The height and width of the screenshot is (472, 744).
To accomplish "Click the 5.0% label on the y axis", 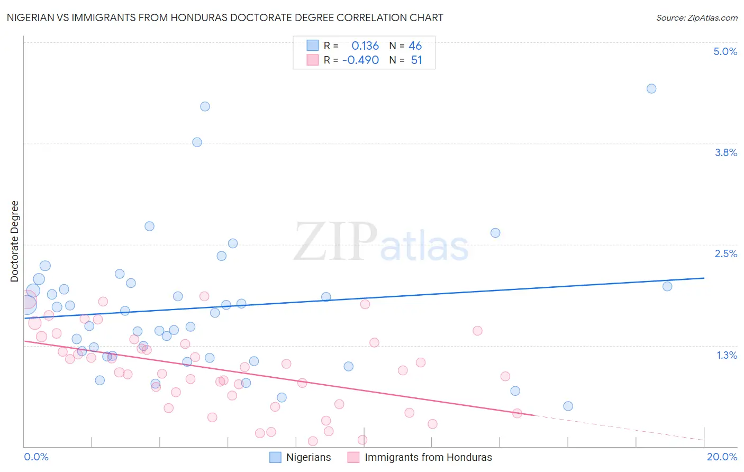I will click(x=725, y=51).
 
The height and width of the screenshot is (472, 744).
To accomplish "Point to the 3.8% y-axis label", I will click(x=725, y=152).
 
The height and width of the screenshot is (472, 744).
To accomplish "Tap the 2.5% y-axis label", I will click(x=725, y=253).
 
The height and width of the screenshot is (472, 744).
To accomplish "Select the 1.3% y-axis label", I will click(x=727, y=355).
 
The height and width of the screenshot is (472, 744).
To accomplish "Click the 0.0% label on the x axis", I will click(x=36, y=457).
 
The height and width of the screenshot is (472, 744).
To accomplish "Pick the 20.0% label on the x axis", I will click(x=722, y=457).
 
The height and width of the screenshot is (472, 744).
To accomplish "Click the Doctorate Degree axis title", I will click(x=15, y=241).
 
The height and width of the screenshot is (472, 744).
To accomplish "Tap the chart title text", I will click(x=225, y=17).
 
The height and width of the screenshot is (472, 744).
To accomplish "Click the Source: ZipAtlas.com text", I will click(x=696, y=17).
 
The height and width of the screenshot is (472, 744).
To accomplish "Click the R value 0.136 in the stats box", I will click(x=365, y=46).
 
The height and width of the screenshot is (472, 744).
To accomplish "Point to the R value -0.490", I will click(x=360, y=60).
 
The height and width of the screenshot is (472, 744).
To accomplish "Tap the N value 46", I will click(x=415, y=46).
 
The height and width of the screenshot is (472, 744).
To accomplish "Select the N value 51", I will click(x=416, y=60).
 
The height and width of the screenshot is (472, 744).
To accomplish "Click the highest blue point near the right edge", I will click(x=651, y=88).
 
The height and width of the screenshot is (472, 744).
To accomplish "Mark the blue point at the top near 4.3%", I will click(x=205, y=106).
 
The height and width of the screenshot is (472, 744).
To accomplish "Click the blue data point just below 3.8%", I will click(x=197, y=142).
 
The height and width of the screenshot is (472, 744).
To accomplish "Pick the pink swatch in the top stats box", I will click(x=313, y=60).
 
